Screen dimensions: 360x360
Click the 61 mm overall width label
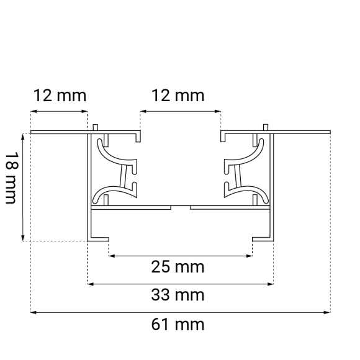pyautogui.click(x=179, y=324)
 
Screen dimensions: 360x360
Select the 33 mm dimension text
pyautogui.click(x=179, y=295)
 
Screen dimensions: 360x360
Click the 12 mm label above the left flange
pyautogui.click(x=60, y=96)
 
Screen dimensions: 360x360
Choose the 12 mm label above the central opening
pyautogui.click(x=179, y=96)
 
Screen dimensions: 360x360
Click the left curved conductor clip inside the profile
pyautogui.click(x=115, y=171)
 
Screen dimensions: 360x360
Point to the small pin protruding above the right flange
pyautogui.click(x=266, y=128)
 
